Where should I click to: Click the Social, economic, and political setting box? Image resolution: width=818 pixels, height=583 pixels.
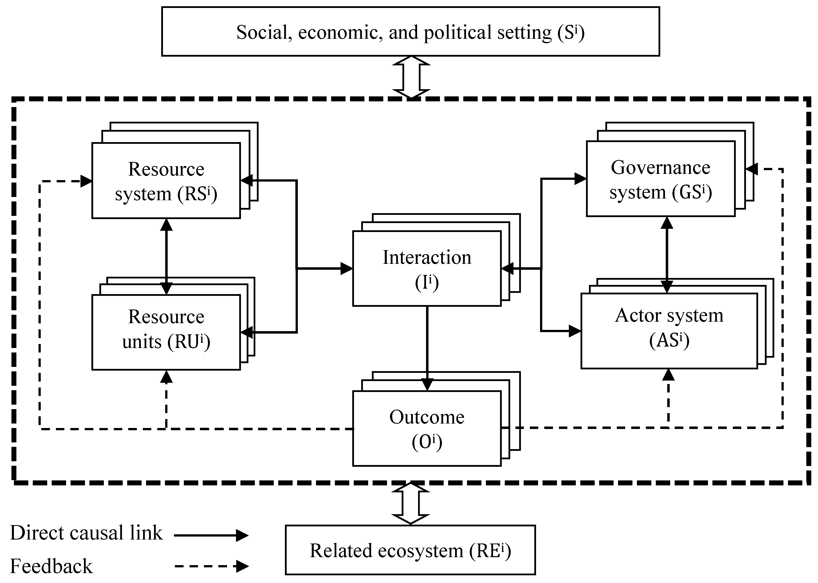(410, 32)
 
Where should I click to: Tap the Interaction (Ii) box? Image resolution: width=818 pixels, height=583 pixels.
(427, 269)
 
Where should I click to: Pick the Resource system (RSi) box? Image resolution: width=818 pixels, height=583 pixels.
(166, 181)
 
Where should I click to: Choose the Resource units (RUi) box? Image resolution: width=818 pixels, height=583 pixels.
(166, 332)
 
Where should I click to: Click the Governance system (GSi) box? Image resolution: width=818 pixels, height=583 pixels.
(661, 179)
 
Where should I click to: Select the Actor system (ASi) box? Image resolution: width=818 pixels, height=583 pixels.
(669, 331)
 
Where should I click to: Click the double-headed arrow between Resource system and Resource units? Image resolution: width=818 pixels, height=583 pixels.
(166, 256)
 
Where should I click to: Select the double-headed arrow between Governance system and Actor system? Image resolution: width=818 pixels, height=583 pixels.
(667, 255)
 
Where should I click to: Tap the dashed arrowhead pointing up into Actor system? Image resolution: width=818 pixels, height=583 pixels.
(668, 375)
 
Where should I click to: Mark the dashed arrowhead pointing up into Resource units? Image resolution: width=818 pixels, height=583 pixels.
(166, 377)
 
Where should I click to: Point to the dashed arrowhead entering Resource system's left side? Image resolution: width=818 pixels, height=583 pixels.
(86, 181)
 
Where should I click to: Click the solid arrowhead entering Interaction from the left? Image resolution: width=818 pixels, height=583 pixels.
(346, 269)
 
